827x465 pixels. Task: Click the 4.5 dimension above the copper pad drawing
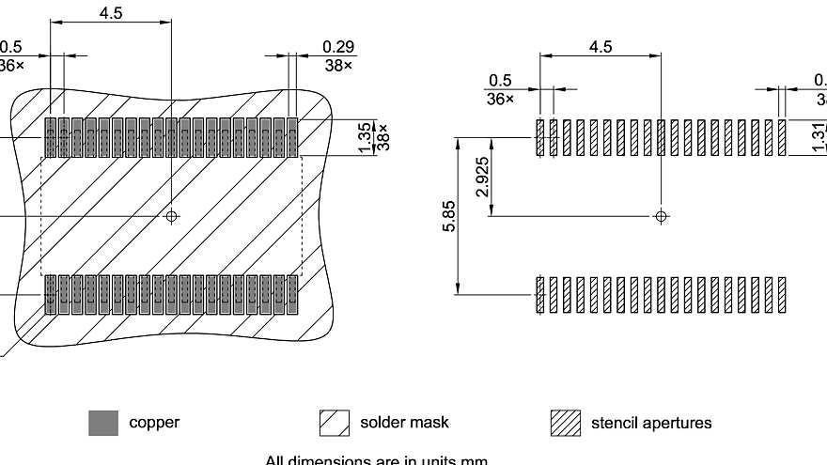(110, 13)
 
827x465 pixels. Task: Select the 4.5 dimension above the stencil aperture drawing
(601, 47)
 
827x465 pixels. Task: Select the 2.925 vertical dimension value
(481, 177)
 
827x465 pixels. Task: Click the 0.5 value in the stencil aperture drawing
(500, 81)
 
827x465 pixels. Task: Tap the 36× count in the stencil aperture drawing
(500, 99)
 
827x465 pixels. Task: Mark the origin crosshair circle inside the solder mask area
(171, 216)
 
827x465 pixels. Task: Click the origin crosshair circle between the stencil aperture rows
(661, 216)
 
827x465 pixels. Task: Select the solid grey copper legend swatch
(103, 424)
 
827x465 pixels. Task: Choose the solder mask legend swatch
(335, 424)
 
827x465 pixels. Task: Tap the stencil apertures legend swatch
(565, 424)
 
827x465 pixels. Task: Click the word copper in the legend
(154, 423)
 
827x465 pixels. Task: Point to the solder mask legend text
(404, 423)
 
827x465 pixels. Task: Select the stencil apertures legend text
(651, 423)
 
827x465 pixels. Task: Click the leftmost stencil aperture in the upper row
(539, 138)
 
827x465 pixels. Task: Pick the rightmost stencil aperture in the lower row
(782, 295)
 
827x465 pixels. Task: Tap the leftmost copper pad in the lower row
(51, 295)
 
